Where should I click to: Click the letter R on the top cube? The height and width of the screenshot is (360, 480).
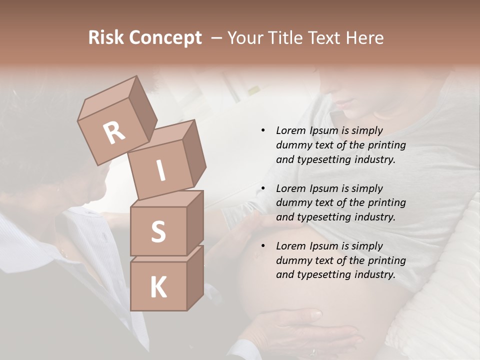[x=114, y=132]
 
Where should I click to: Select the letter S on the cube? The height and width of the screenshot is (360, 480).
[x=158, y=231]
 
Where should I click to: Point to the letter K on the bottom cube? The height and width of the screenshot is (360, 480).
[x=158, y=287]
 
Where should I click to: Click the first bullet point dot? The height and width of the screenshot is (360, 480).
[x=263, y=130]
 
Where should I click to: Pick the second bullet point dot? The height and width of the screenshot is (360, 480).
[x=263, y=188]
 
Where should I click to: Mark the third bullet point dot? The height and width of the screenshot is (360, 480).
[x=263, y=246]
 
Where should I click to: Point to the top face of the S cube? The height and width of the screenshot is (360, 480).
[x=166, y=199]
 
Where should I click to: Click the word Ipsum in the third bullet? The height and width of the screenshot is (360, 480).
[x=325, y=246]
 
